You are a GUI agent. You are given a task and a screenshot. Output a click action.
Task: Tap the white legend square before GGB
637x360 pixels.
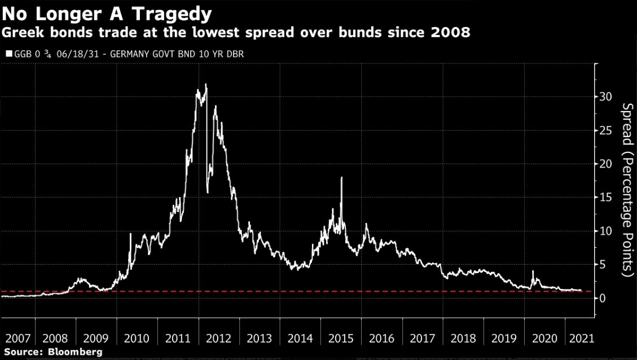8,54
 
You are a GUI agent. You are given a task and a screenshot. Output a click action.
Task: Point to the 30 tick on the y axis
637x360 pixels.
605,96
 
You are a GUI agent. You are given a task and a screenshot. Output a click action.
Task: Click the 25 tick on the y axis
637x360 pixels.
605,130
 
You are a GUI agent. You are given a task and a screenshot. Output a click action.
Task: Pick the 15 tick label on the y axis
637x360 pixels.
605,197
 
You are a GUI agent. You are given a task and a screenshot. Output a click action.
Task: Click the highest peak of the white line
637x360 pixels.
206,85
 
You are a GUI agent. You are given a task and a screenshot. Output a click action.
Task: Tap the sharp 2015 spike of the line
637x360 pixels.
341,178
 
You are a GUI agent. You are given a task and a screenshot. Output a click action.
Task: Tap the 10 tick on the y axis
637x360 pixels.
605,230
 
